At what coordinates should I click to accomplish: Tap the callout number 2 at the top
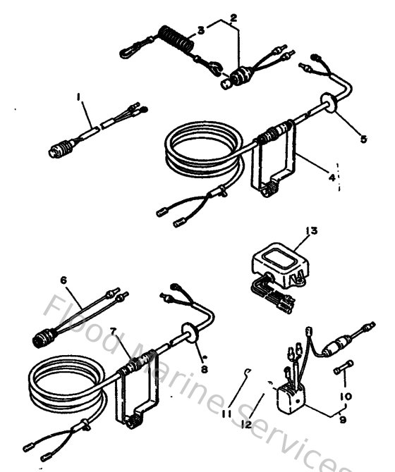pyautogui.click(x=233, y=16)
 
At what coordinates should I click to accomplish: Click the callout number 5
pyautogui.click(x=363, y=139)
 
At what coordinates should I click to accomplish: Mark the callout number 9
pyautogui.click(x=343, y=422)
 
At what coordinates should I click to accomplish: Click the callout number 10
pyautogui.click(x=346, y=397)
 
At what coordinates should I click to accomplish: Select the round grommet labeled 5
pyautogui.click(x=329, y=103)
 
